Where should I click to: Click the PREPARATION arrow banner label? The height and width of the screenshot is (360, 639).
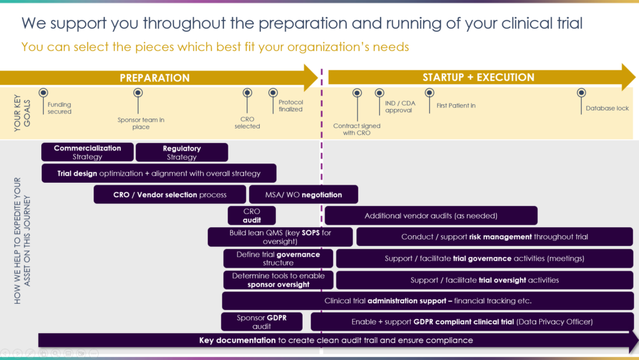point(155,78)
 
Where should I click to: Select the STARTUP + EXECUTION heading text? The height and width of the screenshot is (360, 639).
point(479,77)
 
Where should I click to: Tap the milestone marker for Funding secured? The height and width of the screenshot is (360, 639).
point(43,93)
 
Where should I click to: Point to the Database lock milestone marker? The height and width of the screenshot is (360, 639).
point(581,93)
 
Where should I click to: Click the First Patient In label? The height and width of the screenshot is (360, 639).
point(456,105)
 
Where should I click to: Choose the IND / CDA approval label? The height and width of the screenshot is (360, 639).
point(400,107)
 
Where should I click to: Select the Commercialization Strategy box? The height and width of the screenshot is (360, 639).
point(87,152)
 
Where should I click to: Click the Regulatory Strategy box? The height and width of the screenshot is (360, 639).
point(182,152)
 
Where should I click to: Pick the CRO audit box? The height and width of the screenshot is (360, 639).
point(251,215)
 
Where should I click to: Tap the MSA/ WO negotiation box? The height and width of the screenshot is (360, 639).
point(304,195)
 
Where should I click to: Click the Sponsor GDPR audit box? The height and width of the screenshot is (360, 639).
point(261,322)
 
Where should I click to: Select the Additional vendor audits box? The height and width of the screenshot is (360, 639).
point(431,215)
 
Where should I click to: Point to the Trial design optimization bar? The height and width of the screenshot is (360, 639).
point(159,173)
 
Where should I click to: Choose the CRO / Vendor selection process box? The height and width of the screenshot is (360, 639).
point(170,195)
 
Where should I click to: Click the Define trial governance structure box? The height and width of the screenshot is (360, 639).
point(278,258)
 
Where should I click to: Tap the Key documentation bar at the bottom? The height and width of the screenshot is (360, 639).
point(336,341)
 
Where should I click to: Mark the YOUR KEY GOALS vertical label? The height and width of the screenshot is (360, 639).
point(22,113)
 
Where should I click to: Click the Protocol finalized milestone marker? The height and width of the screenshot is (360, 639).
point(273,93)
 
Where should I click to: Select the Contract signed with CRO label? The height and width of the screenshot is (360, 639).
point(356,130)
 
